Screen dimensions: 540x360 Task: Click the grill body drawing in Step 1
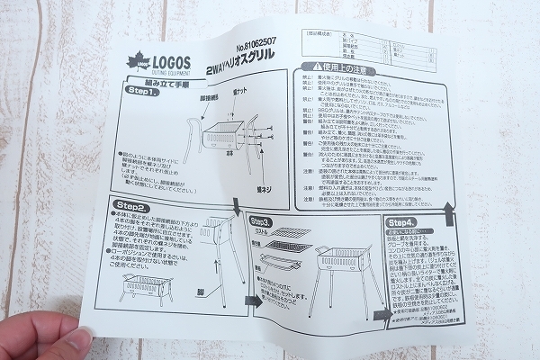pyautogui.click(x=221, y=136)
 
